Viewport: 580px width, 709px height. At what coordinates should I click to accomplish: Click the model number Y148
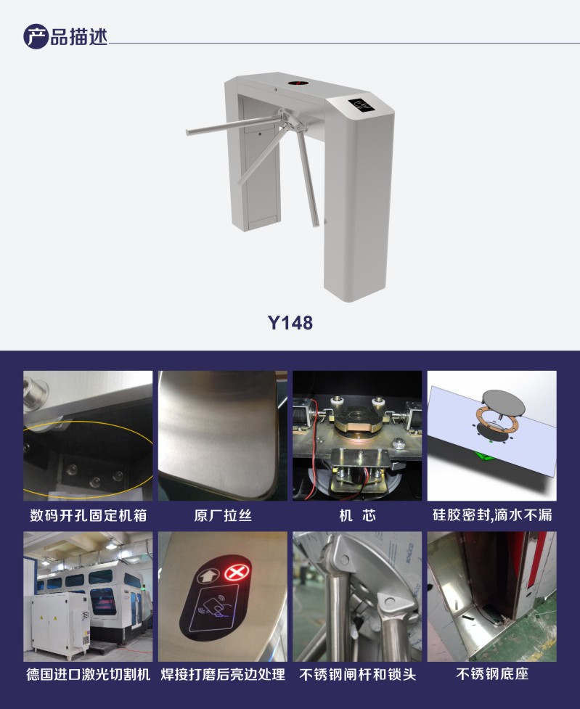point(290,322)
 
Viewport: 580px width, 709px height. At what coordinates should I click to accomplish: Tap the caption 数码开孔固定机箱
point(88,515)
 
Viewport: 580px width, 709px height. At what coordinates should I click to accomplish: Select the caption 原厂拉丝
point(223,515)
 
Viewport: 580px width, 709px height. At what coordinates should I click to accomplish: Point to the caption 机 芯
point(357,515)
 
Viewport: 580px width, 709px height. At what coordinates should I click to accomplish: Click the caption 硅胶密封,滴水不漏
point(492,515)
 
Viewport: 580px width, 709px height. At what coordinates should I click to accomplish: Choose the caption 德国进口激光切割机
point(88,674)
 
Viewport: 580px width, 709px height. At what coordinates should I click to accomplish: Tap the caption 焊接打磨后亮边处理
point(223,674)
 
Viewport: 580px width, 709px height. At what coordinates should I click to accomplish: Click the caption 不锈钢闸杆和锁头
point(357,674)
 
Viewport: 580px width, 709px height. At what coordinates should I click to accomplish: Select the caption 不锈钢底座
point(492,674)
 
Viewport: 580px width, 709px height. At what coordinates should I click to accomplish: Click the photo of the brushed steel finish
point(223,435)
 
